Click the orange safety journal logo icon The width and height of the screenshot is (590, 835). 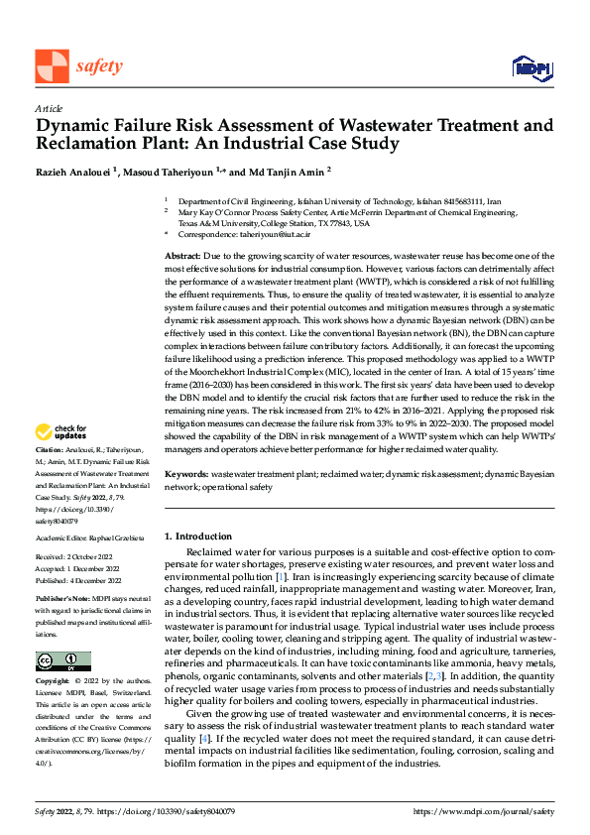52,66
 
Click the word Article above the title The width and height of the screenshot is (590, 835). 48,107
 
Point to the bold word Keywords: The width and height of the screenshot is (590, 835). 187,475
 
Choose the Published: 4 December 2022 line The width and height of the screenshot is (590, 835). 80,580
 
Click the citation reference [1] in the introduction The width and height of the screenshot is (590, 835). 282,576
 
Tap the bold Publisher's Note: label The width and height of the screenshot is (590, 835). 62,600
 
